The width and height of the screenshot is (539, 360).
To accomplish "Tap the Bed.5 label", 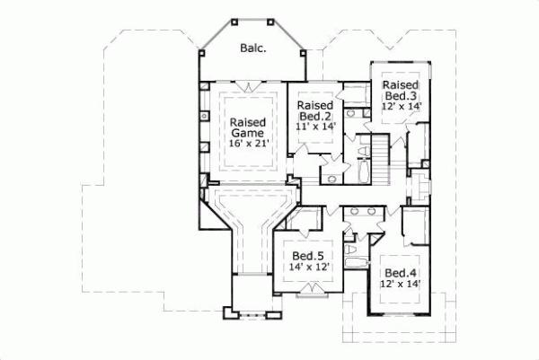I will click(309, 257).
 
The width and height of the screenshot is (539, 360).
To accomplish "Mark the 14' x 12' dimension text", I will click(309, 268).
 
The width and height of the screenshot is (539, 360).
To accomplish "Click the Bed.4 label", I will click(401, 273).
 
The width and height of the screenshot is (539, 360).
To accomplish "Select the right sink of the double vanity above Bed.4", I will click(372, 212).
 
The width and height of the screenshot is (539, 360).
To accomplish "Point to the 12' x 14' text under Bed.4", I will click(401, 285).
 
